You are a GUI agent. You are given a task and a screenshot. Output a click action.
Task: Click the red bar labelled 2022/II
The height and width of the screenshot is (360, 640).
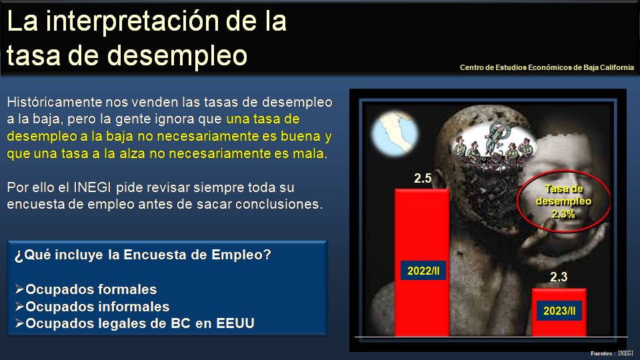[422, 229]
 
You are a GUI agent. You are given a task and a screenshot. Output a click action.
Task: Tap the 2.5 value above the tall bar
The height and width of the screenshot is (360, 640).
[423, 179]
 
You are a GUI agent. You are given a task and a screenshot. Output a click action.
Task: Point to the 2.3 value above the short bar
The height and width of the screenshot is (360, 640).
[559, 277]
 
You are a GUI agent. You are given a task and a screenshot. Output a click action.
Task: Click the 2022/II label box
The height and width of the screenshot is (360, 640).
[423, 271]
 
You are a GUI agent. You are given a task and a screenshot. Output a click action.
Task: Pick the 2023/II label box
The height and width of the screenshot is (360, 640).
[559, 311]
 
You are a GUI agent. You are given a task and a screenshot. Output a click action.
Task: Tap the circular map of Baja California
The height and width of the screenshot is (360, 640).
[395, 134]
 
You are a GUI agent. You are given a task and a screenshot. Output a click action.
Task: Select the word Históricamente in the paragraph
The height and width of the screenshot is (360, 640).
[54, 102]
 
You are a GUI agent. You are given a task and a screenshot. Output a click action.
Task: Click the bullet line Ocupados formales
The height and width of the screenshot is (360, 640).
[86, 289]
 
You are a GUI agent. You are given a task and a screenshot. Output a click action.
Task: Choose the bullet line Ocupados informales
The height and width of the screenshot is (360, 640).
[92, 307]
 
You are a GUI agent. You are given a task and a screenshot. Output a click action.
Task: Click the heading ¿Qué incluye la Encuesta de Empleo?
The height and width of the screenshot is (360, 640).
[143, 255]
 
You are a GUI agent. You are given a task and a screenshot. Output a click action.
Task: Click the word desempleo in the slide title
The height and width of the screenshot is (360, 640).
[177, 55]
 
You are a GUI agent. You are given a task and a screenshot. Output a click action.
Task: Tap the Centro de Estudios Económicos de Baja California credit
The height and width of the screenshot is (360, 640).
[547, 67]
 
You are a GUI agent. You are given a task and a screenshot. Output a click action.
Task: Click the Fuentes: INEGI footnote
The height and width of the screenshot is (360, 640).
[611, 353]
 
